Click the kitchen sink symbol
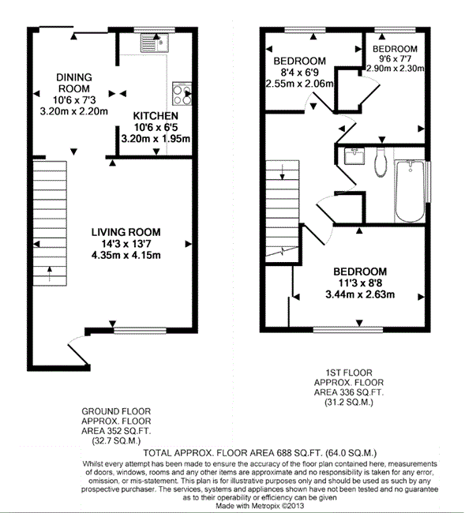point(155,43)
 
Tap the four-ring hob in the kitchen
point(182,94)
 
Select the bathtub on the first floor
point(410,191)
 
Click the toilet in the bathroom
point(381,163)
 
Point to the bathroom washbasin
point(354,155)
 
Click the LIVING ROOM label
point(126,232)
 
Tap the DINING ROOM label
point(74,83)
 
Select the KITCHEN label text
point(156,116)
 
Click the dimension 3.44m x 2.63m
point(360,294)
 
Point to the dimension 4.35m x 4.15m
point(126,255)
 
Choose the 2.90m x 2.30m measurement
point(396,69)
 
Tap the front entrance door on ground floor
point(78,350)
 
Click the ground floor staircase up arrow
point(50,274)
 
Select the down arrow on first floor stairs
point(282,172)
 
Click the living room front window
point(140,331)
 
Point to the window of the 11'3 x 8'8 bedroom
point(348,329)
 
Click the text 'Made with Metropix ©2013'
point(260,505)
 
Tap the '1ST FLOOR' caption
point(349,373)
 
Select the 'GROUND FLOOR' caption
point(116,411)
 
